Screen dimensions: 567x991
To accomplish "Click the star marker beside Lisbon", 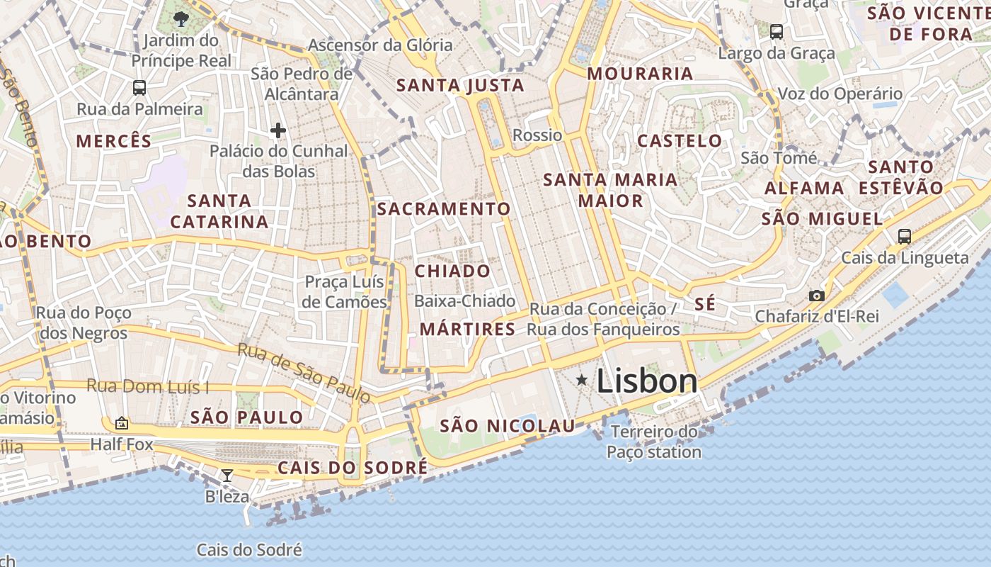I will click(x=582, y=381).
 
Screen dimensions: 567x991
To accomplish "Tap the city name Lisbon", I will click(x=647, y=381).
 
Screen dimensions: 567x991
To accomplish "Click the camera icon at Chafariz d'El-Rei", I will click(x=816, y=296).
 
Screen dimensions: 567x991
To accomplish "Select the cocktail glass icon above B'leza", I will click(x=227, y=476).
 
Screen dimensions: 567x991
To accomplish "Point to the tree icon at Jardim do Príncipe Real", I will click(x=181, y=19).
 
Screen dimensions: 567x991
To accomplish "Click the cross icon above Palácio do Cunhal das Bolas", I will click(x=278, y=130).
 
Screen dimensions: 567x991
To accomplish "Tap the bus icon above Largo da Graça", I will click(x=777, y=32).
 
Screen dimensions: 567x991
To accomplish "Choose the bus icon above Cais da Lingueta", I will click(x=904, y=237).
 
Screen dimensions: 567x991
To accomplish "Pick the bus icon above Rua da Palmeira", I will click(x=139, y=88).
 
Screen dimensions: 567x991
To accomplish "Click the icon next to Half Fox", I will click(x=122, y=424).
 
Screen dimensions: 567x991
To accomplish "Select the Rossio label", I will click(x=537, y=135).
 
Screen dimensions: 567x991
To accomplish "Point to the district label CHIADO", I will click(x=452, y=271).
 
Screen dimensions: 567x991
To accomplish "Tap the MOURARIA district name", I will click(x=640, y=74).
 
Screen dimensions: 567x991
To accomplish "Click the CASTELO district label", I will click(x=680, y=140).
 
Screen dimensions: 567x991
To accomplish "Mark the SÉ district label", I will click(x=705, y=304).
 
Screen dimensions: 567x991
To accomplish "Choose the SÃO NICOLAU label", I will click(x=508, y=426).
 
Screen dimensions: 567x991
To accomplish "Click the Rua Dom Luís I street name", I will click(x=148, y=386).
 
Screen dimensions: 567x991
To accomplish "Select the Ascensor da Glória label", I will click(x=380, y=45).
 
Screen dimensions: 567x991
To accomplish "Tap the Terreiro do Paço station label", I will click(x=654, y=442).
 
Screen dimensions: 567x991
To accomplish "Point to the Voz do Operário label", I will click(x=840, y=94).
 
